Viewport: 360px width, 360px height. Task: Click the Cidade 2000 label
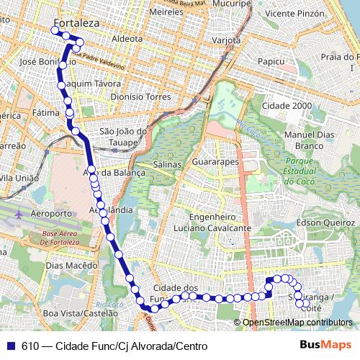287,105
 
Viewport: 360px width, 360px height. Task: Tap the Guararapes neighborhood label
215,163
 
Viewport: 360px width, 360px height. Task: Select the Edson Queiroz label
327,222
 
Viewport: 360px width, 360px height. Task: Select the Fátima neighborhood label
45,113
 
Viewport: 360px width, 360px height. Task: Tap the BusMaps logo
325,346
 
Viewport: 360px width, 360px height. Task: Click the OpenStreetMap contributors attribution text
297,322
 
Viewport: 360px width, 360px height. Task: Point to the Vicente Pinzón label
294,13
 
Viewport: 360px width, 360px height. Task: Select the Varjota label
225,40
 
